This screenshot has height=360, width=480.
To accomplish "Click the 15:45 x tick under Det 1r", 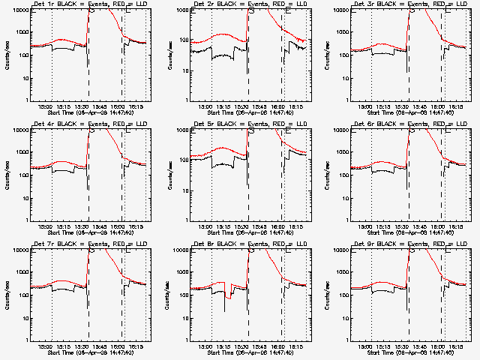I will click(x=107, y=106).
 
